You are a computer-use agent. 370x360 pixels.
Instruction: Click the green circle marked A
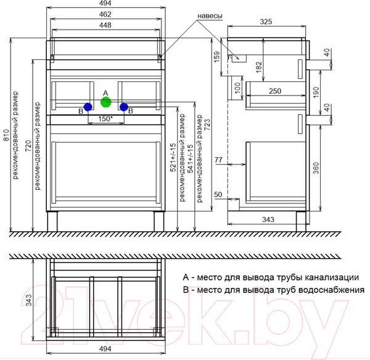(105, 102)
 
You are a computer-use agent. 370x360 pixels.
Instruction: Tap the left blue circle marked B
(88, 107)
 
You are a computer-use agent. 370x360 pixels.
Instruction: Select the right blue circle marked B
(124, 107)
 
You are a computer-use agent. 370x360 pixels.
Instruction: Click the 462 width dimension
(105, 14)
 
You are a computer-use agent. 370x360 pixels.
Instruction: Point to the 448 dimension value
(105, 25)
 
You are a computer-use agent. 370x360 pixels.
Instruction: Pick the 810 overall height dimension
(6, 135)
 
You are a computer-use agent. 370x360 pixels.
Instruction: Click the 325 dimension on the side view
(266, 22)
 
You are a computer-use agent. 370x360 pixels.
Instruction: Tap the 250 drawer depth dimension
(275, 91)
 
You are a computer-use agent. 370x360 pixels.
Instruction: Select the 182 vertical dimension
(259, 67)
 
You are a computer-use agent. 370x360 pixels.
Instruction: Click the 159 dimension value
(216, 57)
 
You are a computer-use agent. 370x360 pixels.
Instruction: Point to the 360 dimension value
(316, 168)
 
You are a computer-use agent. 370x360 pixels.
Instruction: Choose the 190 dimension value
(316, 92)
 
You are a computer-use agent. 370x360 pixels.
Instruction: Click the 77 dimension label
(218, 160)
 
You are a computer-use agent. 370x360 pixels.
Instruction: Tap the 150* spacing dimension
(105, 118)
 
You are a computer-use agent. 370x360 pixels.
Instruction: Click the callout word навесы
(210, 16)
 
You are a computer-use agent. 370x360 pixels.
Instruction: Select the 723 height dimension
(208, 125)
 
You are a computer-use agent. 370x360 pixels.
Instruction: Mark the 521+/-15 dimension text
(173, 157)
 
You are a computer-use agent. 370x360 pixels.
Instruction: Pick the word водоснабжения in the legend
(332, 290)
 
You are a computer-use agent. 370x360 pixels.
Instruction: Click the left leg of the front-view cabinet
(52, 221)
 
